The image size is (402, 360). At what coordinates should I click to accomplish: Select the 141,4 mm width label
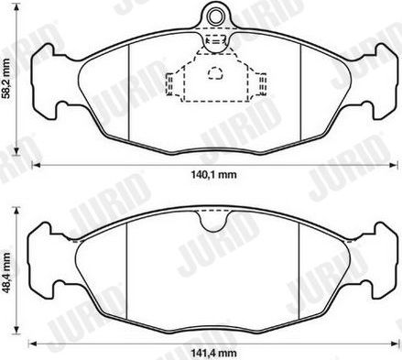tap(208, 353)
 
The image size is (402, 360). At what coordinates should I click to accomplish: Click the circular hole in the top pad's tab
tap(215, 14)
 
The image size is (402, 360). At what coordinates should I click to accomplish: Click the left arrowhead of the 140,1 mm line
tap(35, 165)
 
